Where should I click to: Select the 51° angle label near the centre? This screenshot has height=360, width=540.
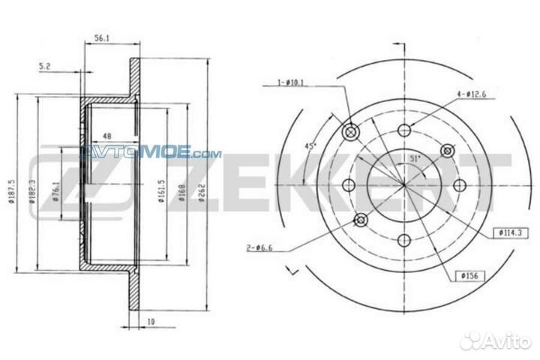414,159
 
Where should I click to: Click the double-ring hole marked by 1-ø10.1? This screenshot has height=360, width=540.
350,132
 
